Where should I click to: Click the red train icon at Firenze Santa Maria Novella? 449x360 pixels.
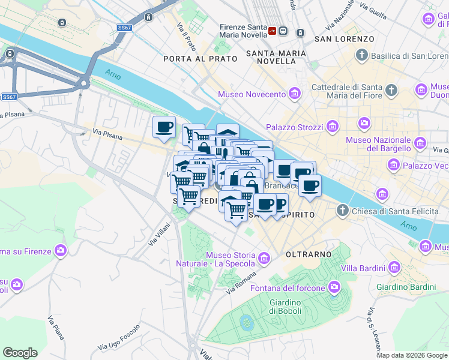pos(273,31)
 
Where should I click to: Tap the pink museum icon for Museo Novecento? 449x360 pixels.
pos(294,94)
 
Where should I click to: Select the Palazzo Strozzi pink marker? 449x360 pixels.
pos(332,127)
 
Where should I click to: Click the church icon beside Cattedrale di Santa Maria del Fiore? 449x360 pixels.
pos(391,91)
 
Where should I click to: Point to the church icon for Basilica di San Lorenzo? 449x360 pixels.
pos(361,56)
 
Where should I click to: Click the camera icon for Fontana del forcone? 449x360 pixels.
pos(334,288)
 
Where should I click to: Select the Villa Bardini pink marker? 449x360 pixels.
pos(394,267)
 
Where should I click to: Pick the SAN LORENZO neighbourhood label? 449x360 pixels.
pos(344,39)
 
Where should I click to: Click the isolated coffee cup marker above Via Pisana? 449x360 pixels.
pos(164,127)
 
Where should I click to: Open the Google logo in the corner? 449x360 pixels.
pos(20,353)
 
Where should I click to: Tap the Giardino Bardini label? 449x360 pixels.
pos(406,287)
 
